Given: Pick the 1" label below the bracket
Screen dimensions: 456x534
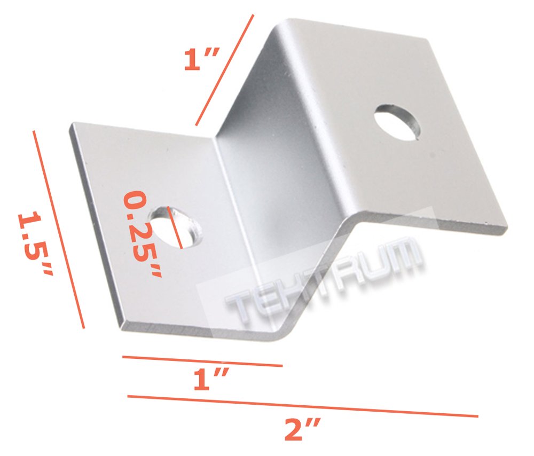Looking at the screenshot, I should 211,382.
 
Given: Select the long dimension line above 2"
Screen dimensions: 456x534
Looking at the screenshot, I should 302,406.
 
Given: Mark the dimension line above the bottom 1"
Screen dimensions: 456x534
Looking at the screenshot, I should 202,361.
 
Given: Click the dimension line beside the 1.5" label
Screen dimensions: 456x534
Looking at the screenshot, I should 58,230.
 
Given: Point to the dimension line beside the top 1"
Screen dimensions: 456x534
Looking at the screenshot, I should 224,69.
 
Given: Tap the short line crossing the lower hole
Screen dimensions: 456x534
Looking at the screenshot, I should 175,227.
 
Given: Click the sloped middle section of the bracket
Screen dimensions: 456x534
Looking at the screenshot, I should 278,176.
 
